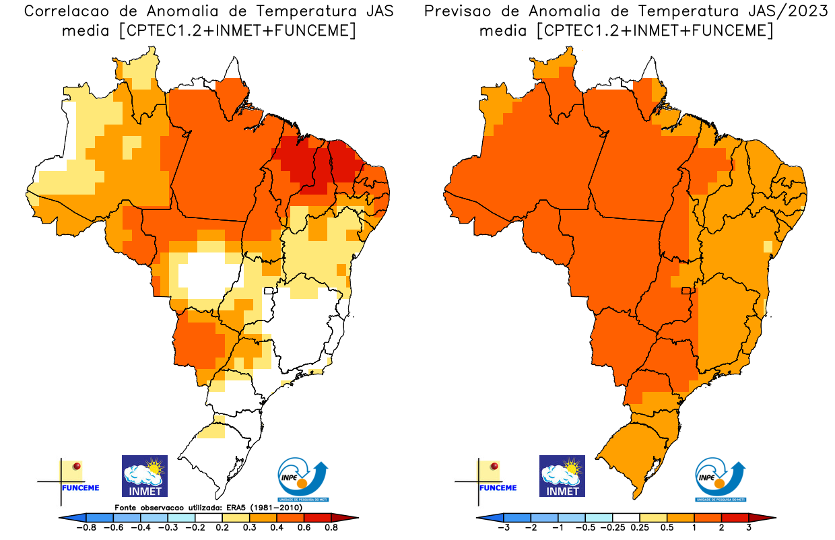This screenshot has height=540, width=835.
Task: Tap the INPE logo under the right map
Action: tap(720, 479)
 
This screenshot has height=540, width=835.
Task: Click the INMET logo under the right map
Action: tap(562, 476)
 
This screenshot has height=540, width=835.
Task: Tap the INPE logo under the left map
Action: tap(303, 479)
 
